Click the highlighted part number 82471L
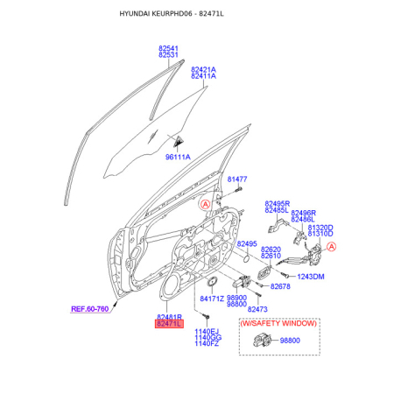pos(169,324)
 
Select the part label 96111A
pos(178,157)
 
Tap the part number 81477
pos(237,179)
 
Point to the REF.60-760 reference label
pos(90,309)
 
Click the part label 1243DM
pos(311,277)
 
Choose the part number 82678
pos(280,286)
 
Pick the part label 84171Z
pos(212,299)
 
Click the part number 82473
pos(257,309)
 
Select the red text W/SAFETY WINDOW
pos(278,323)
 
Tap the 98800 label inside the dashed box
pos(290,341)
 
